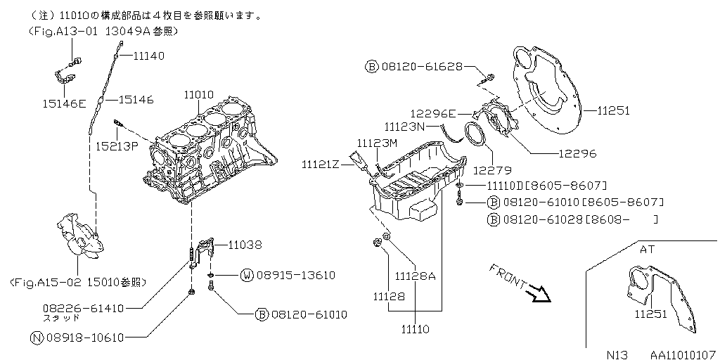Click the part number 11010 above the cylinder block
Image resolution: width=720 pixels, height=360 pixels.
coord(199,94)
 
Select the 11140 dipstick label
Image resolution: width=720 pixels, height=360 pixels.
coord(149,54)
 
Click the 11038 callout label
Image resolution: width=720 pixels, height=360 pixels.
coord(245,245)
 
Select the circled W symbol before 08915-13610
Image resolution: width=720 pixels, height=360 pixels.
coord(246,275)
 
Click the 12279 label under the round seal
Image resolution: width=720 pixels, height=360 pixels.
coord(491,169)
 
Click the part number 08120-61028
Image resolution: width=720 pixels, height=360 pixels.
coord(540,220)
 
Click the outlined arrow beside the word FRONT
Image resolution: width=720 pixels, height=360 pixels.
coord(541,292)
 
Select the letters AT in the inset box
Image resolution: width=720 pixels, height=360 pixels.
coord(647,249)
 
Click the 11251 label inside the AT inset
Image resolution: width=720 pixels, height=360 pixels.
coord(650,314)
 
